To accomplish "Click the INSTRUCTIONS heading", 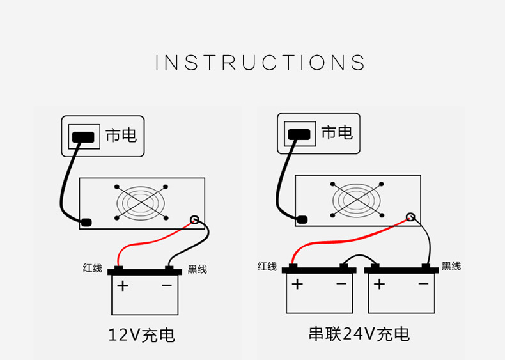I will tap(261, 63).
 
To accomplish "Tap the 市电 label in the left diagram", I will tap(121, 135).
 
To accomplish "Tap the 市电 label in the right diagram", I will tap(337, 132).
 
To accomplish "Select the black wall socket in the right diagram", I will tap(299, 134).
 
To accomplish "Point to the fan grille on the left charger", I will tap(141, 203).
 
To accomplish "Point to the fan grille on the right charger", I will tap(357, 200).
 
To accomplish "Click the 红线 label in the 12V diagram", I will tap(92, 269).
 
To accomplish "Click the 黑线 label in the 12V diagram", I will tap(197, 269).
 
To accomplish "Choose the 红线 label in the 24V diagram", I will tap(267, 266).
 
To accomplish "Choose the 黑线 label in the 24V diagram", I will tap(451, 266).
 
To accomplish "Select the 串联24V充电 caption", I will tap(359, 334).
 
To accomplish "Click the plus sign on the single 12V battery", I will tap(123, 285).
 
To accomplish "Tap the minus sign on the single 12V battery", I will tap(167, 285).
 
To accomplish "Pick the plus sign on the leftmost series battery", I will tap(297, 284).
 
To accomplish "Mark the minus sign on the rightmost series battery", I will tap(423, 283).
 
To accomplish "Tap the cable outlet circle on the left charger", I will tap(195, 221).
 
